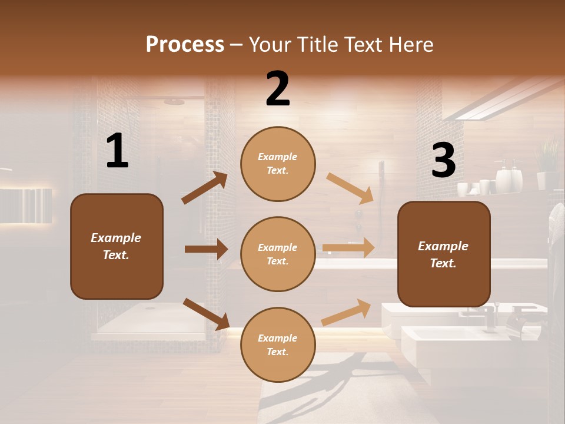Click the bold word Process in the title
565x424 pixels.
tap(185, 44)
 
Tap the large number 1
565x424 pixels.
tap(117, 151)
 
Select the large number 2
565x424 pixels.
tap(278, 89)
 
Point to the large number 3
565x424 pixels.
tap(443, 161)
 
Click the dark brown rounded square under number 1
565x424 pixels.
tap(117, 246)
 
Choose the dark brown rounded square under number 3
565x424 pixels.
tap(444, 254)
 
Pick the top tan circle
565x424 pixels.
tap(278, 164)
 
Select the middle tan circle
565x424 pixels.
tap(278, 254)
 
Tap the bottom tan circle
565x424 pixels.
tap(278, 344)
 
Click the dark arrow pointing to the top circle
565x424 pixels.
tap(205, 188)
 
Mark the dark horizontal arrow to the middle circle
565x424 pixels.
tap(206, 249)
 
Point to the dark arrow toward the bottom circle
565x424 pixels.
tap(206, 314)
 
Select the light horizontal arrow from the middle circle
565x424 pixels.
tap(348, 248)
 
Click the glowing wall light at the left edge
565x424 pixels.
tap(26, 206)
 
